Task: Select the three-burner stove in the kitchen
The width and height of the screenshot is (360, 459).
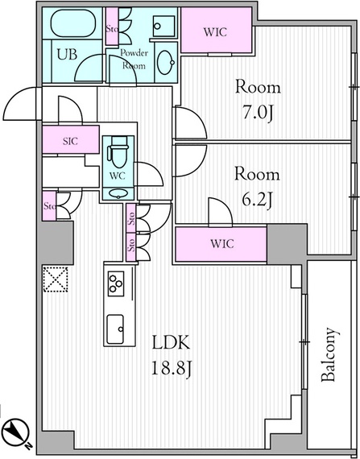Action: tap(116, 283)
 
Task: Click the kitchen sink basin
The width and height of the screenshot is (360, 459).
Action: tap(115, 329)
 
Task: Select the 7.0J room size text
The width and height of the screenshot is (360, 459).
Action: tap(258, 113)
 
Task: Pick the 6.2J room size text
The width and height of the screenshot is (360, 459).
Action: tap(258, 201)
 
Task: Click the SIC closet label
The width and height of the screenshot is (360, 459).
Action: tap(71, 142)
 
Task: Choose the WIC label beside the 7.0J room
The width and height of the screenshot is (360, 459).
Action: tap(215, 32)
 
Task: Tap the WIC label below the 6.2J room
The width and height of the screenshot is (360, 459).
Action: tap(222, 243)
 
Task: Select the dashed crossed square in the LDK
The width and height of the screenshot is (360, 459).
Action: tap(56, 279)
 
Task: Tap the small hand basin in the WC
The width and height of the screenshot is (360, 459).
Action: tap(118, 193)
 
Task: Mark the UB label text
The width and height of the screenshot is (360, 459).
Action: tap(67, 55)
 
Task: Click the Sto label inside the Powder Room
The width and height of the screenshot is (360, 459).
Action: tap(111, 29)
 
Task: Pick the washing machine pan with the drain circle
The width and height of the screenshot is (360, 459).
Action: tap(163, 26)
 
